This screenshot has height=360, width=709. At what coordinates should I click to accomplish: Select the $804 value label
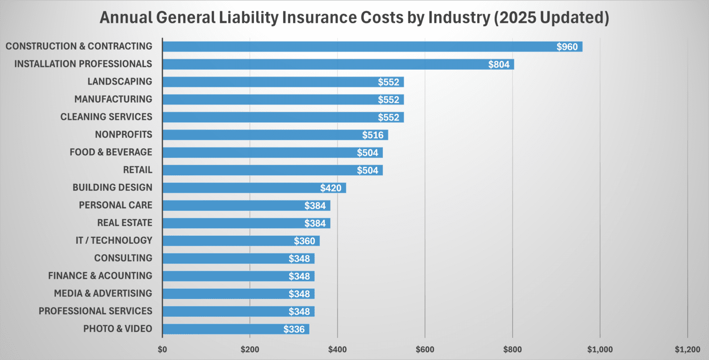[x=499, y=64]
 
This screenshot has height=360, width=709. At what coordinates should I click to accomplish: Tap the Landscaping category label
[x=120, y=81]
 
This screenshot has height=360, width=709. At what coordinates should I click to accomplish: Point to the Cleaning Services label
[x=106, y=117]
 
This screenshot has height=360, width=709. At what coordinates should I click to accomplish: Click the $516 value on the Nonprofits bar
[x=372, y=135]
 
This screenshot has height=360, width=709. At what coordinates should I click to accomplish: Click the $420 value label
[x=330, y=188]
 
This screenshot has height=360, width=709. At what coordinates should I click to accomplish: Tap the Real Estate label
[x=125, y=223]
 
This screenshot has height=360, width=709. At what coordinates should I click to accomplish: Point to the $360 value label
[x=304, y=241]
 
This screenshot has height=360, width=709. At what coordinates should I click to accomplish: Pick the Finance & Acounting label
[x=100, y=275]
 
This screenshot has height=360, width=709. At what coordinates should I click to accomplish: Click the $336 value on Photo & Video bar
[x=294, y=329]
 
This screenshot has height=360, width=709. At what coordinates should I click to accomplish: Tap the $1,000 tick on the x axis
[x=600, y=350]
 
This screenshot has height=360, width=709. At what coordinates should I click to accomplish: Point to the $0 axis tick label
[x=162, y=350]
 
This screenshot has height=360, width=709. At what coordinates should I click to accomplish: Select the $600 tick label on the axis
[x=425, y=350]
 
